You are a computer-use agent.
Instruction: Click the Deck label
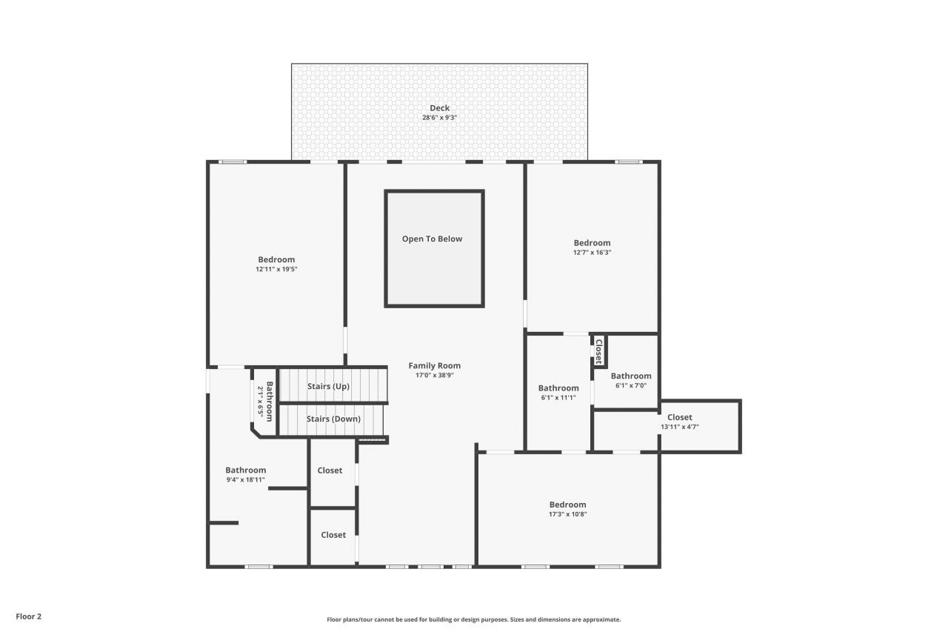[x=440, y=108]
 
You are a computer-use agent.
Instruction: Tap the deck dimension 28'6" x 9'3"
[x=440, y=118]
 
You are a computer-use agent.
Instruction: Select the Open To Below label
[x=432, y=239]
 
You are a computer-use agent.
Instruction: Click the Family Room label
[x=434, y=365]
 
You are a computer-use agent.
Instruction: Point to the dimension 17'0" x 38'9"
[x=434, y=376]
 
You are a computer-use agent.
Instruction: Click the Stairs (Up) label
[x=328, y=386]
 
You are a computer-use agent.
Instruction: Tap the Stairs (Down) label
[x=333, y=419]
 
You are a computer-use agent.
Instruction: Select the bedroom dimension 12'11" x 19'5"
[x=276, y=269]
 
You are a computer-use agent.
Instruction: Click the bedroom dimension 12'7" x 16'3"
[x=592, y=253]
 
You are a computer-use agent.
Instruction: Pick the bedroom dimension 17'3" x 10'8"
[x=567, y=514]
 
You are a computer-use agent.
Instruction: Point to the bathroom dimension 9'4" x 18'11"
[x=245, y=480]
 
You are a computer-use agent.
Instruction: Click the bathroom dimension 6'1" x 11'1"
[x=558, y=398]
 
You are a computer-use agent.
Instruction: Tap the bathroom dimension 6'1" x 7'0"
[x=631, y=385]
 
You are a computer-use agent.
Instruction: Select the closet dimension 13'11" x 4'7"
[x=679, y=427]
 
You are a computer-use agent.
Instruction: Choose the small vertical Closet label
[x=599, y=351]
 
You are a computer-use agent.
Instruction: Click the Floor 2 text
[x=29, y=616]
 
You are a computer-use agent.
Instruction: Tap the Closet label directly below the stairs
[x=330, y=470]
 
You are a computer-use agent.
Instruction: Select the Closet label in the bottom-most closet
[x=333, y=534]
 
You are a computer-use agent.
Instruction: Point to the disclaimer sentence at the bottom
[x=474, y=619]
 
